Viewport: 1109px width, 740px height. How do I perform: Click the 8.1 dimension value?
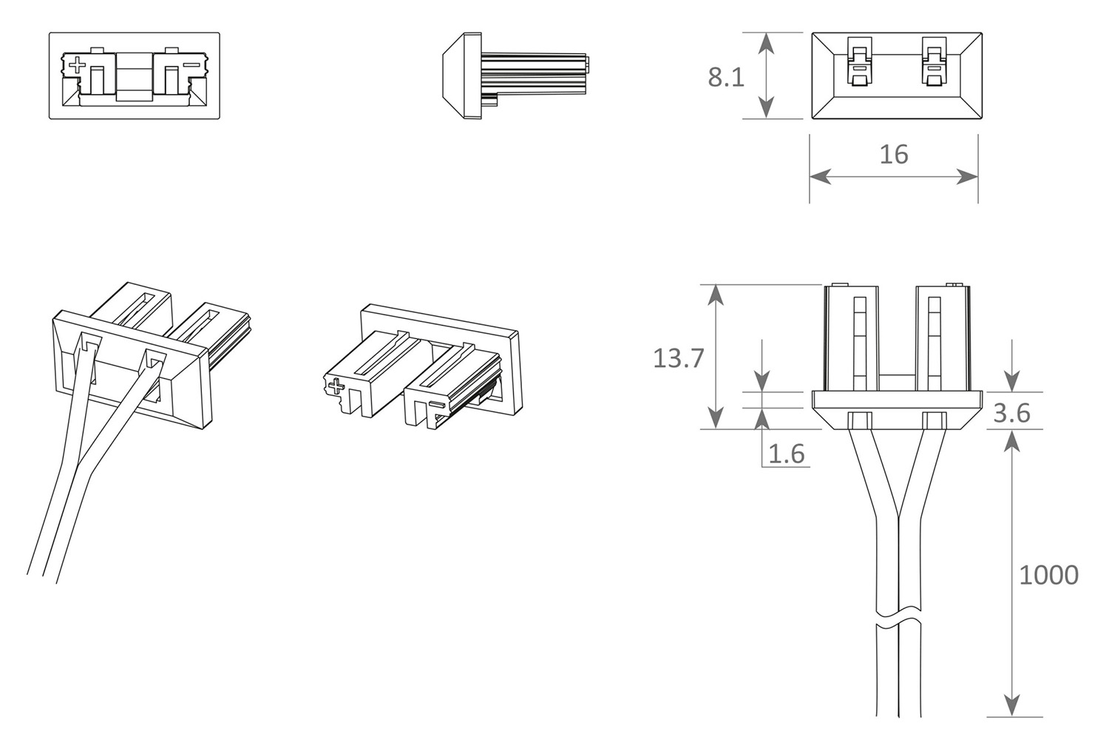pyautogui.click(x=726, y=77)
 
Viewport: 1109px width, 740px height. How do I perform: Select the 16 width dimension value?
pyautogui.click(x=893, y=155)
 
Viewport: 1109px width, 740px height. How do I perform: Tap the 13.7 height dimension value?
pyautogui.click(x=678, y=358)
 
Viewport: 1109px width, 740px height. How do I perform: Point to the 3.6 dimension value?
pyautogui.click(x=1011, y=413)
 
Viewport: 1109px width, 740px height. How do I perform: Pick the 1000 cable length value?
pyautogui.click(x=1048, y=575)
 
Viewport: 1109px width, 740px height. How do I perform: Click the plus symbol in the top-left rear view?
pyautogui.click(x=76, y=65)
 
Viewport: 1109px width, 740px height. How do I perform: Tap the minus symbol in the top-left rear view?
pyautogui.click(x=191, y=65)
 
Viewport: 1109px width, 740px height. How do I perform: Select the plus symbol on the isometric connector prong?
pyautogui.click(x=336, y=387)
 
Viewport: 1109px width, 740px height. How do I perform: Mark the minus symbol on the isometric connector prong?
pyautogui.click(x=436, y=406)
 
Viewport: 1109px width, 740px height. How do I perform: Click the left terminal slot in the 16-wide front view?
pyautogui.click(x=858, y=64)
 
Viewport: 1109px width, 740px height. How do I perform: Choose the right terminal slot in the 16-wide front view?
pyautogui.click(x=933, y=64)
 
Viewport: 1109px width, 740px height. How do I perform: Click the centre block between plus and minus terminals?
pyautogui.click(x=134, y=75)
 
